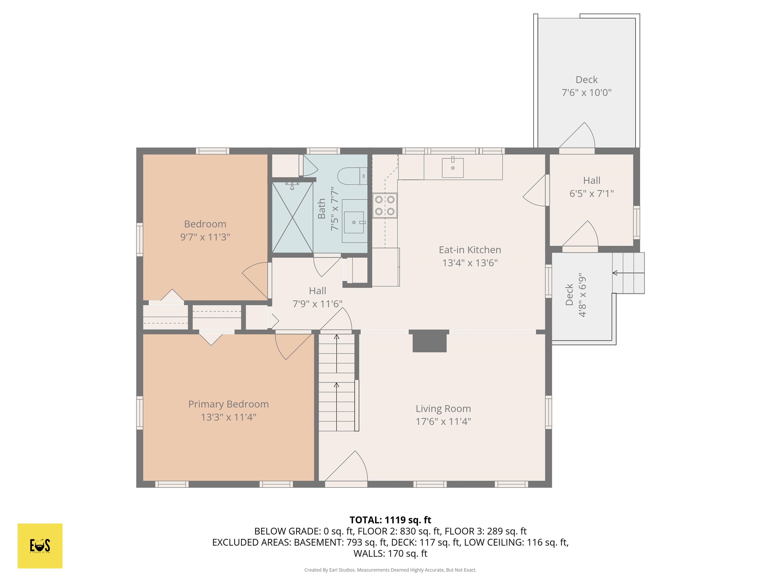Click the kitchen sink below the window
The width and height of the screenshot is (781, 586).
453,168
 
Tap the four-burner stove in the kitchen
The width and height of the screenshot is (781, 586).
384,206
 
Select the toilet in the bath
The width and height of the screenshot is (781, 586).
352,176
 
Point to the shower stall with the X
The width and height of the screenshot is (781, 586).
292,217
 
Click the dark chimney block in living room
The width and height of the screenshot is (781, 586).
430,342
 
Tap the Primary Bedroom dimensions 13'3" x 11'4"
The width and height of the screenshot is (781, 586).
229,417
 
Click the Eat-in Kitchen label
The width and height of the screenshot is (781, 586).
470,250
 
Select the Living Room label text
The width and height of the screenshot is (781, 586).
443,409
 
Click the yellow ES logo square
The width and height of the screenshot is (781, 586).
40,546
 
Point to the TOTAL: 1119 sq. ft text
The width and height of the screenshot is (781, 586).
390,520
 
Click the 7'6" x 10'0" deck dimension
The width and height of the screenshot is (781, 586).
587,93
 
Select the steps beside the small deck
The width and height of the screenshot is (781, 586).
628,273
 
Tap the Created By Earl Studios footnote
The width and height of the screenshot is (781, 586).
390,570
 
